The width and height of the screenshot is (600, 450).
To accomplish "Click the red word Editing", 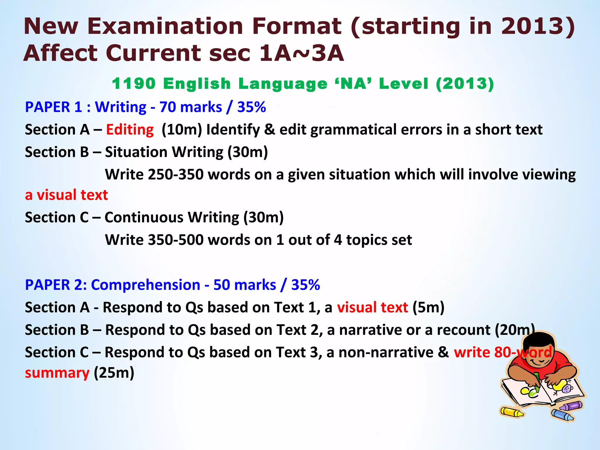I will tap(130, 130).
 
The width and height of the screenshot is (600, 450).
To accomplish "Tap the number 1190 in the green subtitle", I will tap(134, 84).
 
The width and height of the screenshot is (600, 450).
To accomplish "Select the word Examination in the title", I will tap(165, 26).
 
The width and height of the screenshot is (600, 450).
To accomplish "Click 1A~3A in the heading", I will tap(301, 53).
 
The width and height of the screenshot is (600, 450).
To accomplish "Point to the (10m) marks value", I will tap(182, 130).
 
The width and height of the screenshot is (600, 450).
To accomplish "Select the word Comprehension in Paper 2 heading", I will tap(146, 285).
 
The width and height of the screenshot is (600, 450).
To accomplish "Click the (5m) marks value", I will tap(428, 308).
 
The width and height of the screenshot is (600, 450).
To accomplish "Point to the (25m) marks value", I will tap(114, 373).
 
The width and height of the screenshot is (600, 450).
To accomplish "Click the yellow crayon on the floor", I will tap(512, 412).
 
